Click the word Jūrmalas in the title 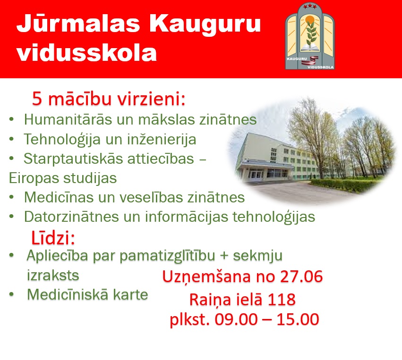coord(78,24)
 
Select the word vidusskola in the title coord(86,53)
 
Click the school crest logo coord(310,36)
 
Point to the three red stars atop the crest coord(310,7)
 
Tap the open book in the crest coord(310,48)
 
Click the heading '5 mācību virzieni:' coord(109,99)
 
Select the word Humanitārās coord(68,119)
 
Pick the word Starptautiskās coord(73,159)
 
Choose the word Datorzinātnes coord(71,217)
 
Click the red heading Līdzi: coord(53,238)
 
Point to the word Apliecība coord(57,256)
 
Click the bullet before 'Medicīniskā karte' coord(11,294)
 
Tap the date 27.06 coord(301,277)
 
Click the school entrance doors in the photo coord(255,175)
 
